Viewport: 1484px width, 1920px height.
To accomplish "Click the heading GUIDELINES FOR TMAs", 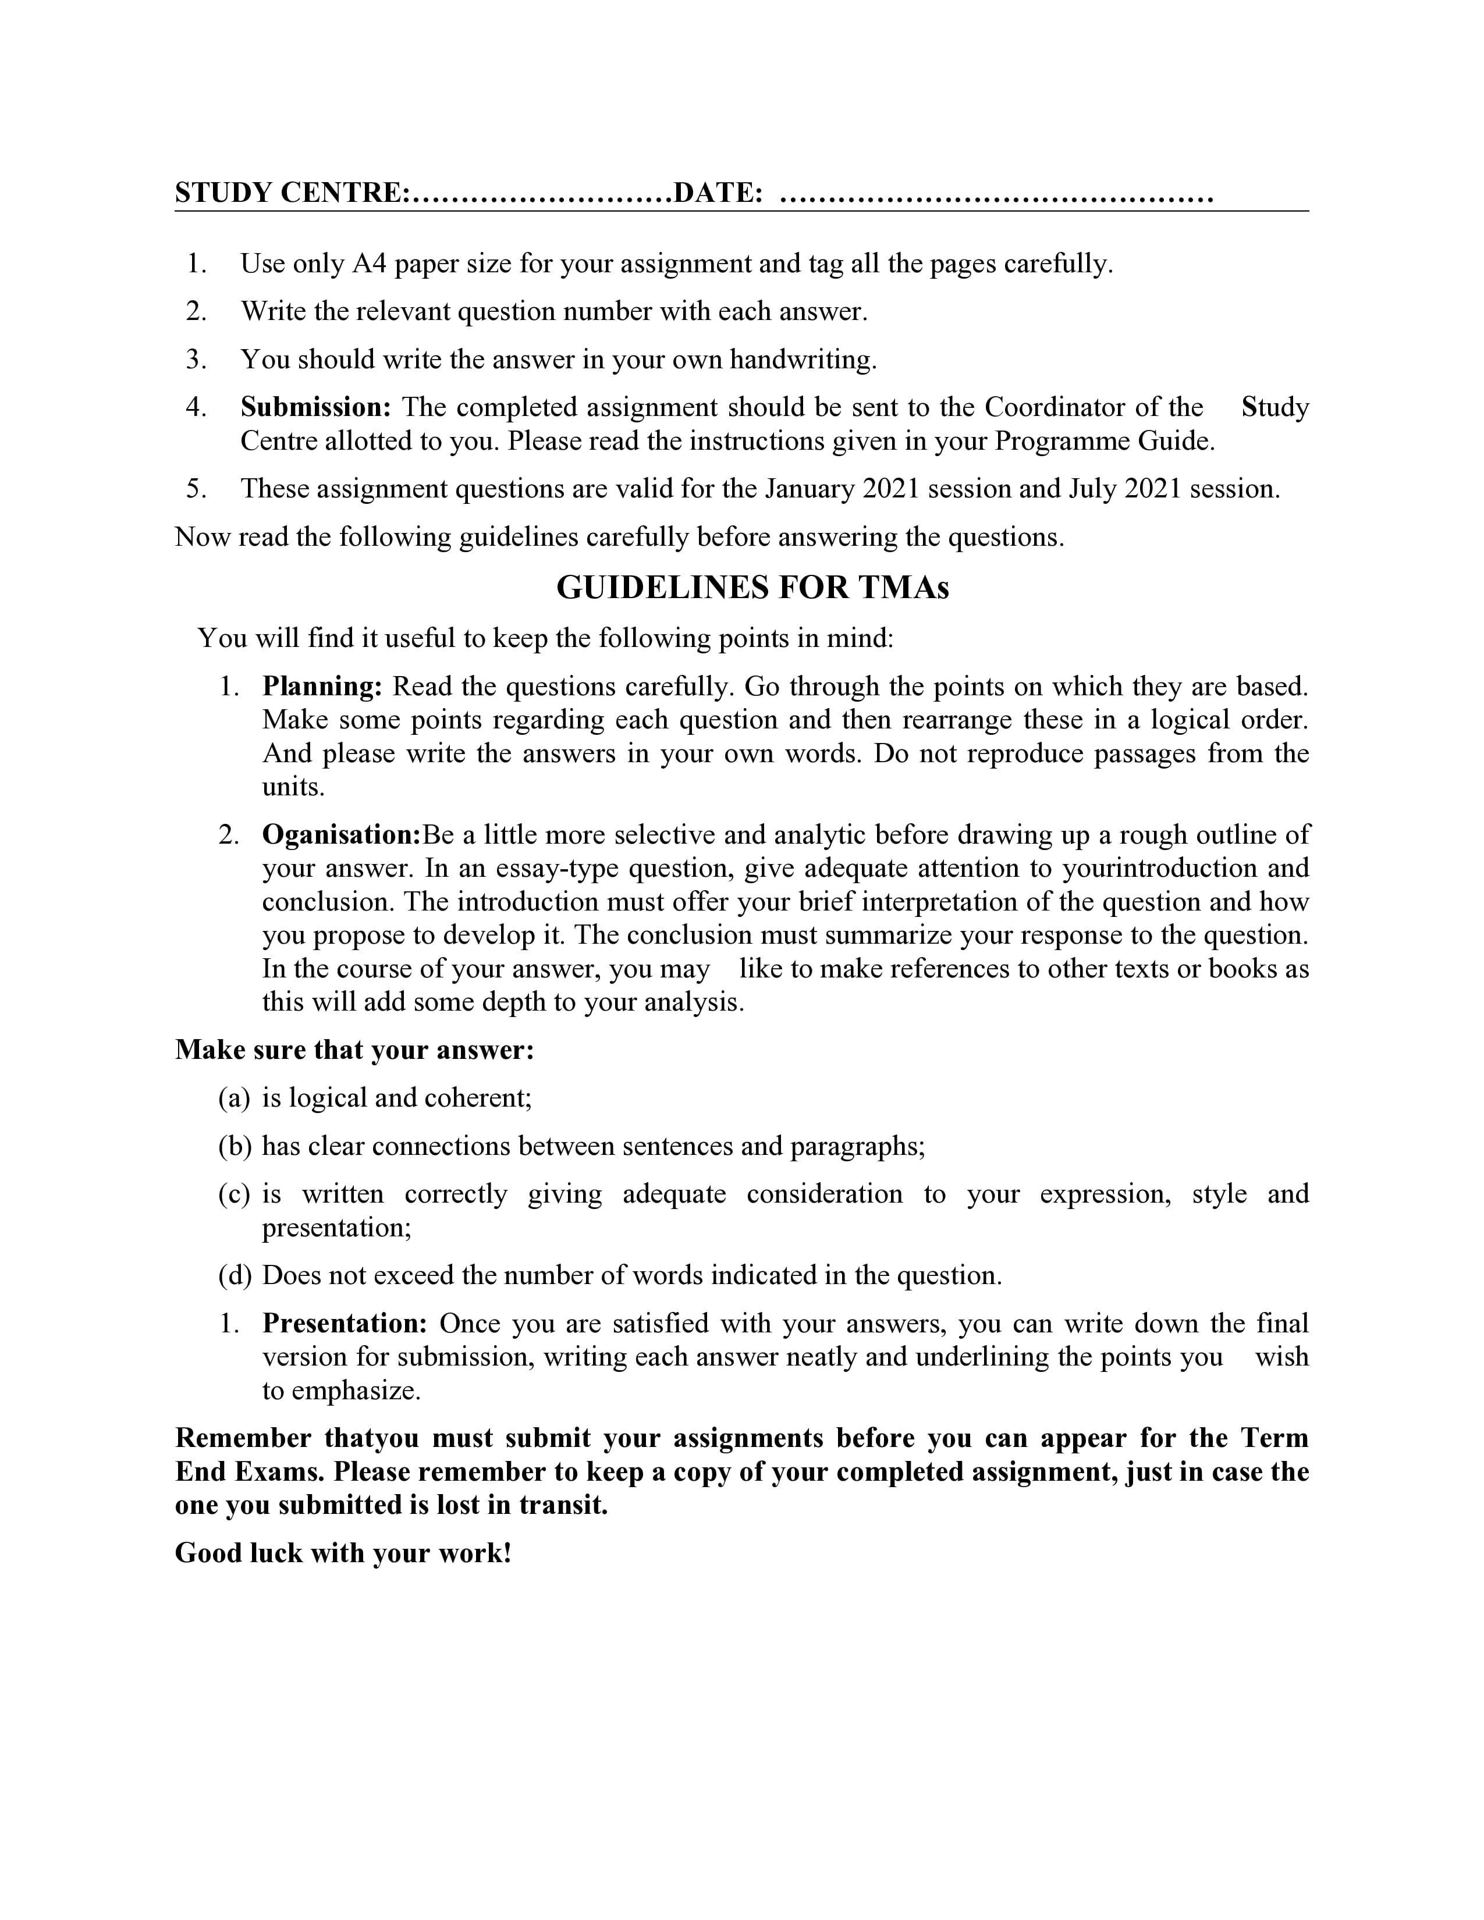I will tap(752, 587).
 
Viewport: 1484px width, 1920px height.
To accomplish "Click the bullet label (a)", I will tap(234, 1098).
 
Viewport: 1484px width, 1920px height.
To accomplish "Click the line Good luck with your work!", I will tap(343, 1553).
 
